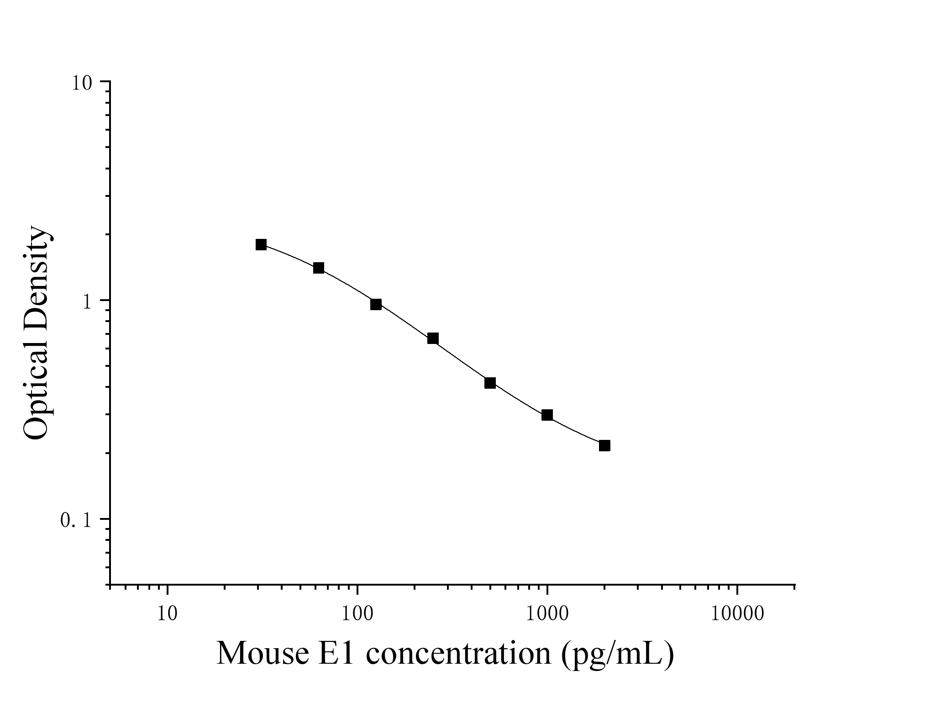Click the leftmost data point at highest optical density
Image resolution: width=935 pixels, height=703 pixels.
point(261,244)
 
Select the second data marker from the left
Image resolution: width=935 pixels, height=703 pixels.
point(318,268)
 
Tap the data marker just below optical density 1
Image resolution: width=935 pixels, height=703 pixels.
point(376,304)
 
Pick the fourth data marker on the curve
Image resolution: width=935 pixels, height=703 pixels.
point(433,338)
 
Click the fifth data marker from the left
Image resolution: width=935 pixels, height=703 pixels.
point(490,383)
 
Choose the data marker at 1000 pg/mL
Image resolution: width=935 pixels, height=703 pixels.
point(547,415)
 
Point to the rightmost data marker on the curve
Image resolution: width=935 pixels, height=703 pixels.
point(604,445)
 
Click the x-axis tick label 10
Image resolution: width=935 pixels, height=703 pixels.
point(167,614)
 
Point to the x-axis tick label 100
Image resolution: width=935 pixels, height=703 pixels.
point(357,614)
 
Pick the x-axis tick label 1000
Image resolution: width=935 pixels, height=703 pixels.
point(547,614)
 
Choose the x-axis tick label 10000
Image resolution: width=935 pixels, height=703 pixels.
point(737,614)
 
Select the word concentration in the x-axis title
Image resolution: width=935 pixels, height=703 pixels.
point(458,654)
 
